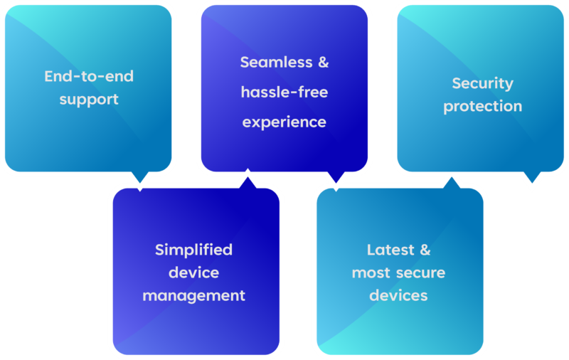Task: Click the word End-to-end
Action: click(89, 76)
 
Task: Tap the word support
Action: click(89, 99)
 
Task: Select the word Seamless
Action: click(275, 62)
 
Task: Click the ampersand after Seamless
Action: click(322, 62)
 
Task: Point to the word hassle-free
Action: click(284, 92)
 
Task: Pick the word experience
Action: click(284, 122)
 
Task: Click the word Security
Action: click(482, 83)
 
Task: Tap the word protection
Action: click(482, 107)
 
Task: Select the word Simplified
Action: click(193, 250)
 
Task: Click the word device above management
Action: click(193, 272)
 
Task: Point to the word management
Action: click(193, 295)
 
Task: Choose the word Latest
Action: click(390, 250)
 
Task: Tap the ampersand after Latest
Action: click(425, 250)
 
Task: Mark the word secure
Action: click(420, 272)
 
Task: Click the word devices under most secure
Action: click(398, 295)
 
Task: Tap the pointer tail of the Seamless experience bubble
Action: click(334, 180)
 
